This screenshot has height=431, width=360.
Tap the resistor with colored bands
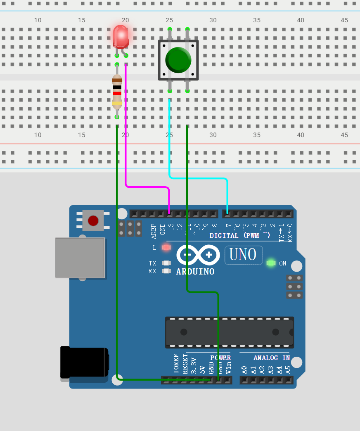[117, 92]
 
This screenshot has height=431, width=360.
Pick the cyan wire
[198, 178]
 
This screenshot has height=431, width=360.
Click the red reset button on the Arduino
[93, 220]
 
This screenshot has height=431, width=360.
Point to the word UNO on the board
[243, 255]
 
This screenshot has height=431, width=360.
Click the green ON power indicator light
[271, 263]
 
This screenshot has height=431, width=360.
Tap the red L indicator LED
[166, 248]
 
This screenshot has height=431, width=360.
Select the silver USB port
[80, 258]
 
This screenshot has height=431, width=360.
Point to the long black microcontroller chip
[229, 332]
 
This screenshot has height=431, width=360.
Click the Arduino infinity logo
[198, 255]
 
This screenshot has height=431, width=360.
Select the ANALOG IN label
[271, 358]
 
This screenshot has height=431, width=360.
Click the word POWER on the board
[220, 358]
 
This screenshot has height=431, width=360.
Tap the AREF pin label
[154, 232]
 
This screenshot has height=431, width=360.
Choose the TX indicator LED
[166, 263]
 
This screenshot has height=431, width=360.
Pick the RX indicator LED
[166, 271]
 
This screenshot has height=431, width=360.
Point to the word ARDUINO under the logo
[195, 272]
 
